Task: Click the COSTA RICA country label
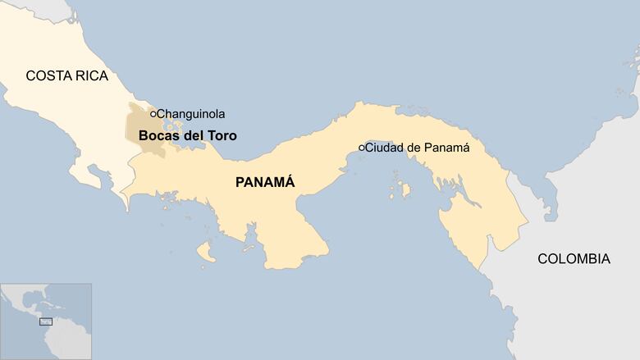(66, 76)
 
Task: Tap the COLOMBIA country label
(574, 259)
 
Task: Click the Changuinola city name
(190, 114)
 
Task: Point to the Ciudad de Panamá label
(417, 148)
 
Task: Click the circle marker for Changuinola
(153, 114)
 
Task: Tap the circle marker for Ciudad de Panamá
(361, 148)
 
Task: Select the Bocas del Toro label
(187, 135)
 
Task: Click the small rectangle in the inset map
(46, 321)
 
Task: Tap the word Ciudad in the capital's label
(385, 148)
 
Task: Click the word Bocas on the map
(156, 135)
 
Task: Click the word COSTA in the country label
(46, 76)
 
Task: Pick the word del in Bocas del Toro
(191, 135)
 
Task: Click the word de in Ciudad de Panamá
(414, 148)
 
